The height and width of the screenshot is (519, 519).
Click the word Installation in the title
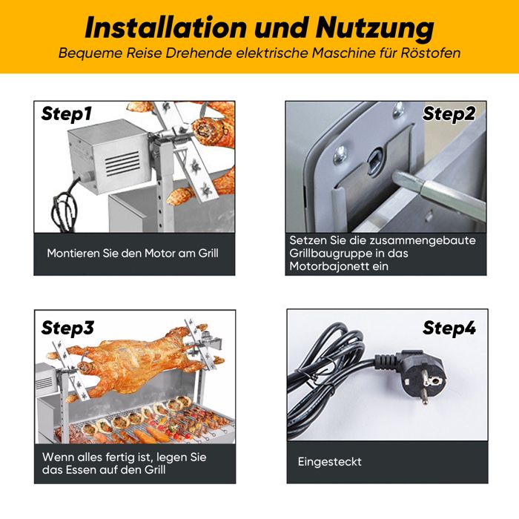pos(165,28)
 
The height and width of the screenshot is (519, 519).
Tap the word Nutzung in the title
pos(374,29)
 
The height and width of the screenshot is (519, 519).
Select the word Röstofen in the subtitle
pos(431,53)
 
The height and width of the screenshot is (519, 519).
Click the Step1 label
pos(66,114)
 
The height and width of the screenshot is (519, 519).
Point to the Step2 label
pos(449,114)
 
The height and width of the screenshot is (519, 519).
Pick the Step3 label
pos(68,328)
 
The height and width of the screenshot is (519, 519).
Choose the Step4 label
pos(449,328)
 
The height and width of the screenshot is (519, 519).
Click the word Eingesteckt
pos(329,462)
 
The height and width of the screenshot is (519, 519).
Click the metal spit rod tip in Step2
pos(397,176)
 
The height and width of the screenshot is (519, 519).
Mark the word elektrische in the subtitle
pos(273,53)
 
